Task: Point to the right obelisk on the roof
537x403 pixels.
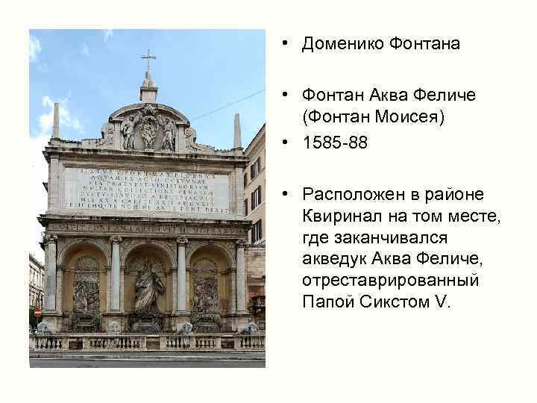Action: pyautogui.click(x=237, y=131)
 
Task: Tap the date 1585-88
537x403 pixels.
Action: pyautogui.click(x=335, y=143)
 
